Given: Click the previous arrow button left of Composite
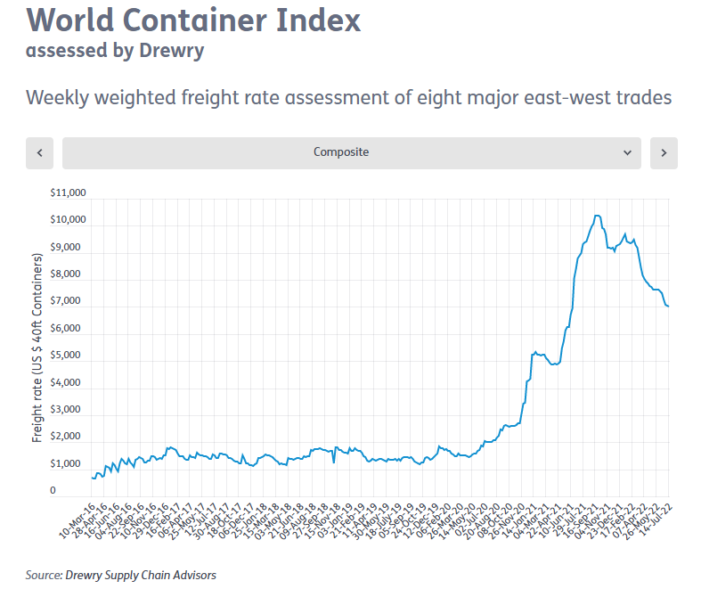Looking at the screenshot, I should point(40,152).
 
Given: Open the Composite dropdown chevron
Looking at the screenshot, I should point(627,152).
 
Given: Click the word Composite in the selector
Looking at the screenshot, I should point(341,152).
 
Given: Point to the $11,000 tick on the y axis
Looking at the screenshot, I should point(69,192).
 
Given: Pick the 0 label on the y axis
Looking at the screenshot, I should point(53,491).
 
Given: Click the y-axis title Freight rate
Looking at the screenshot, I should point(37,348).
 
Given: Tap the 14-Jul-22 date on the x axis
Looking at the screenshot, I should point(658,514).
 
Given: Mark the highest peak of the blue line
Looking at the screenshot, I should point(597,216).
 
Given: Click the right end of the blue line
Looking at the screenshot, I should point(669,307).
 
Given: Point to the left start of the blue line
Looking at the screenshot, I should point(92,478).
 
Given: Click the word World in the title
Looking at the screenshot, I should point(72,19).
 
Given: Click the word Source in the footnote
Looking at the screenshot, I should point(43,575).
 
